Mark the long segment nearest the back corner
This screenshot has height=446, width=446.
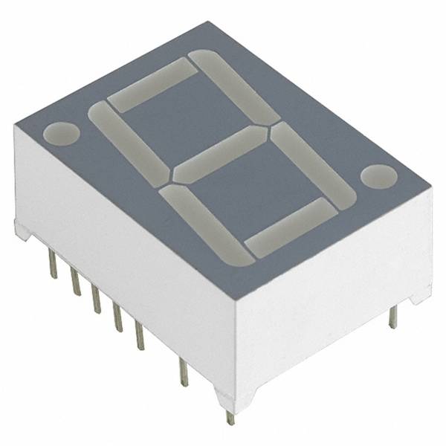234,85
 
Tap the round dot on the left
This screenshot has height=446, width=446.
61,134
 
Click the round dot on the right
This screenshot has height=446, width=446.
378,176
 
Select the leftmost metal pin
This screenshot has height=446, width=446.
53,263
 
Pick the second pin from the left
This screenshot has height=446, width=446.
75,282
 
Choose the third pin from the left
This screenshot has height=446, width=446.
96,298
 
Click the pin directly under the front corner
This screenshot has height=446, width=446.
230,416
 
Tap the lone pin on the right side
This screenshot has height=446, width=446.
392,316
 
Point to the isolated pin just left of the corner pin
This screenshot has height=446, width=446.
183,372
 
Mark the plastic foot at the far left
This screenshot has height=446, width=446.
23,231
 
